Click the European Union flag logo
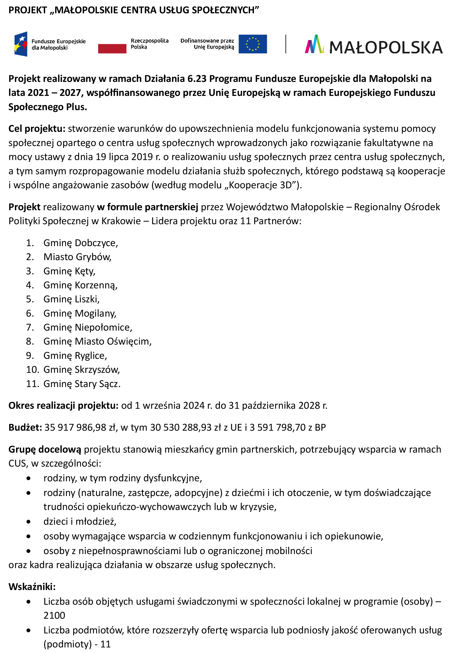click(253, 44)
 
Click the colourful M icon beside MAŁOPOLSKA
click(314, 44)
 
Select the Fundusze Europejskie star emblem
click(21, 44)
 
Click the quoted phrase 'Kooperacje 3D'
click(260, 185)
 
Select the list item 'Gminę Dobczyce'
click(80, 243)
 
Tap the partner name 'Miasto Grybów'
click(77, 257)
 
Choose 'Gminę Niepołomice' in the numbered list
click(88, 327)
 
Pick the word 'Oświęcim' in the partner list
click(129, 341)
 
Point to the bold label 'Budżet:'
click(25, 427)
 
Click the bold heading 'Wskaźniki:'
click(32, 587)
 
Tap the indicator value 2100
click(54, 615)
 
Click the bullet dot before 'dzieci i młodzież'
click(28, 522)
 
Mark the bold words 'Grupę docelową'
click(45, 450)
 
